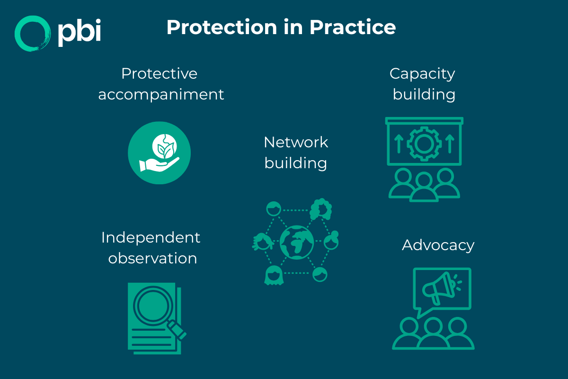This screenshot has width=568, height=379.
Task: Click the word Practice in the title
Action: coord(353,27)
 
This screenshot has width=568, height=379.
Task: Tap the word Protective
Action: coord(159,73)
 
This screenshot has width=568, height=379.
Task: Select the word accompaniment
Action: coord(161,94)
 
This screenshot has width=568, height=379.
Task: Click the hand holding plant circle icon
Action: coord(159,153)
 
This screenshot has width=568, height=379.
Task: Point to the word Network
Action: coord(296,142)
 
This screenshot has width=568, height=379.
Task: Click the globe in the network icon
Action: coord(296,242)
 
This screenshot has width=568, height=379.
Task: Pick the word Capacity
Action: coord(422,73)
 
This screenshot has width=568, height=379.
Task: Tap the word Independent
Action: coord(151,237)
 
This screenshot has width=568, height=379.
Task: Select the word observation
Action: coord(152,258)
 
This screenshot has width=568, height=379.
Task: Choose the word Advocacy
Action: coord(438,245)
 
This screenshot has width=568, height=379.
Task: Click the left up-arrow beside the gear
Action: coord(398,142)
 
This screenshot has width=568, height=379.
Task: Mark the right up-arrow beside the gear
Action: coord(450,142)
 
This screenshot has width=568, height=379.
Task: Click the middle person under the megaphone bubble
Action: coord(433,334)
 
